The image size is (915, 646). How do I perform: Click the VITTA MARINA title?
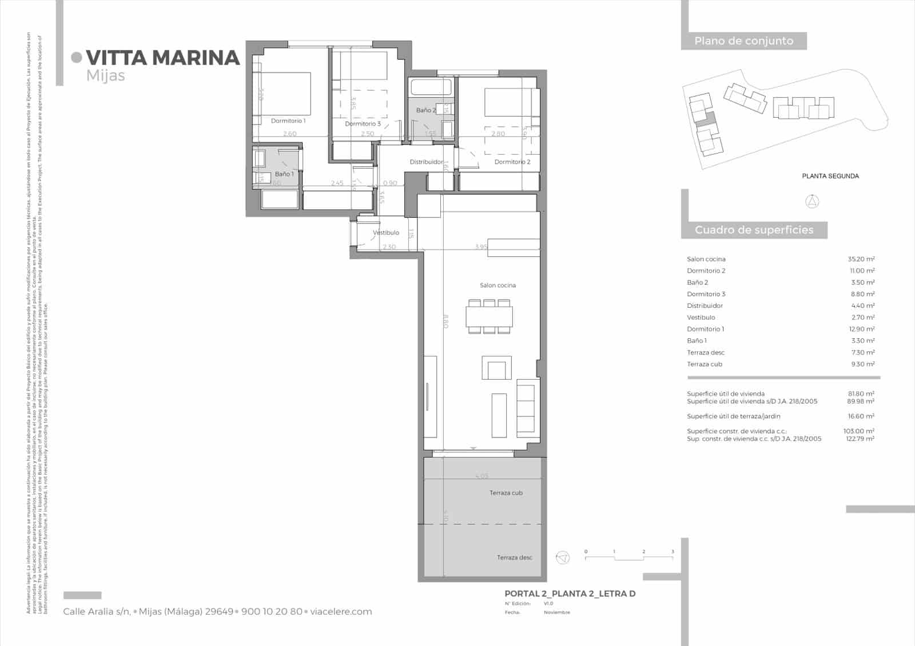[163, 58]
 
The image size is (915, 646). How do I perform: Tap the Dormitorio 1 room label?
[288, 121]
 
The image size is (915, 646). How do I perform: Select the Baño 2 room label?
[425, 110]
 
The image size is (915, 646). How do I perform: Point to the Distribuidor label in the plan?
[426, 162]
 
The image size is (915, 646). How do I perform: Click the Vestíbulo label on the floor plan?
[386, 232]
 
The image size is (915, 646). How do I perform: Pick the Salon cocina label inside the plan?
[498, 285]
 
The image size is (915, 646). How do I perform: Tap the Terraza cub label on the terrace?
[506, 493]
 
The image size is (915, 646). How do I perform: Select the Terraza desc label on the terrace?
[514, 557]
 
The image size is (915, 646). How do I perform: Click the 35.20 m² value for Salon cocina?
[861, 259]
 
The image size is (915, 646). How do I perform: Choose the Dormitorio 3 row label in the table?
[706, 294]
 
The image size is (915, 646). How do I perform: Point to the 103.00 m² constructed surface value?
[860, 431]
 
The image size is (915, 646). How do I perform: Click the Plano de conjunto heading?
[743, 41]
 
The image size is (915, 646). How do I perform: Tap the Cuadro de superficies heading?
[754, 230]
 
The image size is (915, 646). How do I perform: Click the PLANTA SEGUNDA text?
[830, 176]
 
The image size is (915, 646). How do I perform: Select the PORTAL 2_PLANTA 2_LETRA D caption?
[570, 594]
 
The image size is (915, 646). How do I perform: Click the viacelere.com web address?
[341, 612]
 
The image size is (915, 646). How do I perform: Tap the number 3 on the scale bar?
[673, 552]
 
